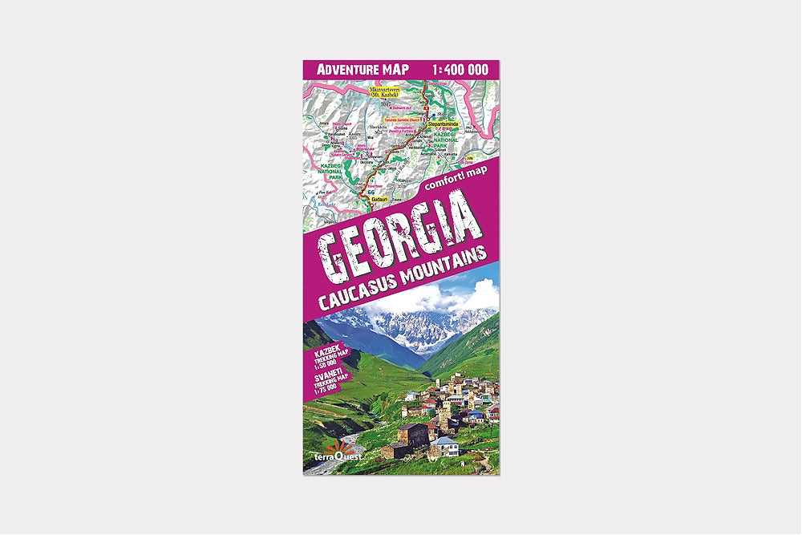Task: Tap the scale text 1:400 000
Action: [x=459, y=69]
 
